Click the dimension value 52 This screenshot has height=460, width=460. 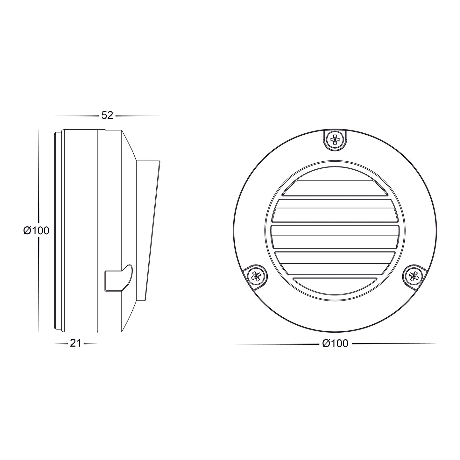click(107, 116)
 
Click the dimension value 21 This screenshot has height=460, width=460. click(75, 343)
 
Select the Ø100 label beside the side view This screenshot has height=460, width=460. click(37, 230)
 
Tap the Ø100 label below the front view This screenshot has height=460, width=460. click(335, 343)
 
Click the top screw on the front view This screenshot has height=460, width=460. click(335, 139)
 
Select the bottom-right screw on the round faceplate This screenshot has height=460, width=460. click(414, 274)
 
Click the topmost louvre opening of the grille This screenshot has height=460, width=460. click(335, 188)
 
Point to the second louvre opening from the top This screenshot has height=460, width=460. click(335, 211)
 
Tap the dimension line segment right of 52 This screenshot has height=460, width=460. click(137, 116)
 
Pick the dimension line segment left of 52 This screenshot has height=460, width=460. click(76, 116)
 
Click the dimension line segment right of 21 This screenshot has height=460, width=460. click(90, 344)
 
